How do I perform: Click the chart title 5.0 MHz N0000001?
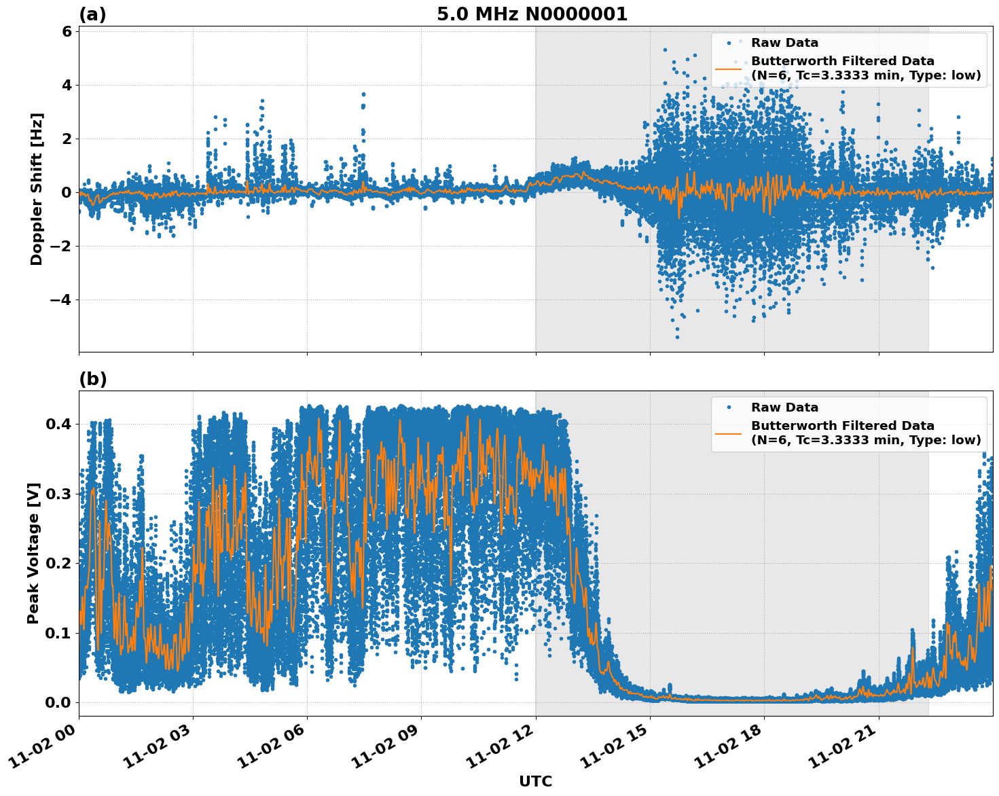coord(532,14)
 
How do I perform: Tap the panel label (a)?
coord(92,14)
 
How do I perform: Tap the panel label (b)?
coord(92,379)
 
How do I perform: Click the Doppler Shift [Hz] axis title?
coord(37,189)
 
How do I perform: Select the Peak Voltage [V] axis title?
coord(33,553)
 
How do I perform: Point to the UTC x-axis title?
coord(535,781)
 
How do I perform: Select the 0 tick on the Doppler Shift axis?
coord(66,192)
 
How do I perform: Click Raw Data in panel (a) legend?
coord(784,43)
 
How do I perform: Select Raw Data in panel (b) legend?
coord(784,408)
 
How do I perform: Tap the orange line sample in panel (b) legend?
coord(729,433)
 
